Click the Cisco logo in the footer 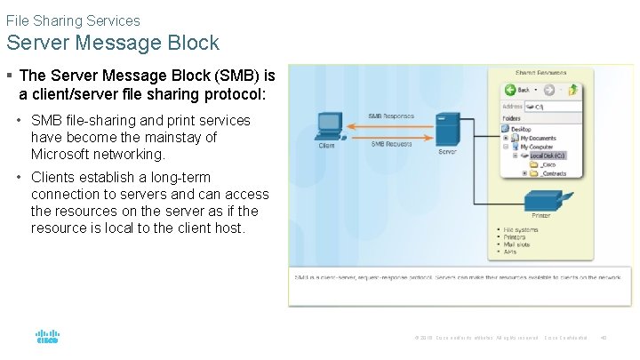point(47,338)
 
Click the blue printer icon point(540,202)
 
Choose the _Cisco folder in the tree point(546,164)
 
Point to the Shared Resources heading point(540,72)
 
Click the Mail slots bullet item point(516,244)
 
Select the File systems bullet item point(519,229)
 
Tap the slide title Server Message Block point(112,42)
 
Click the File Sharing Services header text point(73,20)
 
